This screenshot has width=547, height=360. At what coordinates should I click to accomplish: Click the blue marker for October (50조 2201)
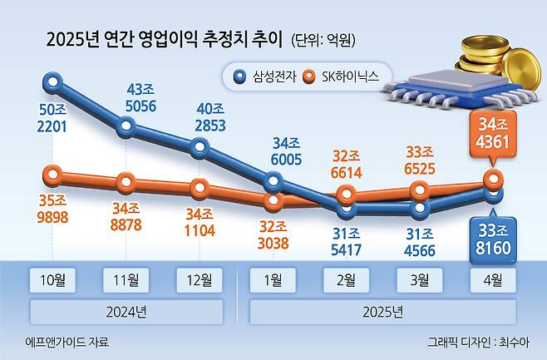click(x=53, y=81)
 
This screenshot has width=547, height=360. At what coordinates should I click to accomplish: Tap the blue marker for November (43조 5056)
click(x=126, y=127)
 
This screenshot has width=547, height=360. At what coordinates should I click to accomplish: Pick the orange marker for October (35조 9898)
click(x=53, y=175)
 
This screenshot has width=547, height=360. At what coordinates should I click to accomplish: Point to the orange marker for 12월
click(x=200, y=186)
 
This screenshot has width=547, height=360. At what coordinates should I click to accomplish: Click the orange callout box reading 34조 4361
click(x=494, y=134)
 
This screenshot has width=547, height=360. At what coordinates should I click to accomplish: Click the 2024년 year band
click(x=126, y=312)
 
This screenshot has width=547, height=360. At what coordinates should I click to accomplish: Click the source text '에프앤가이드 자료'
click(x=67, y=342)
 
